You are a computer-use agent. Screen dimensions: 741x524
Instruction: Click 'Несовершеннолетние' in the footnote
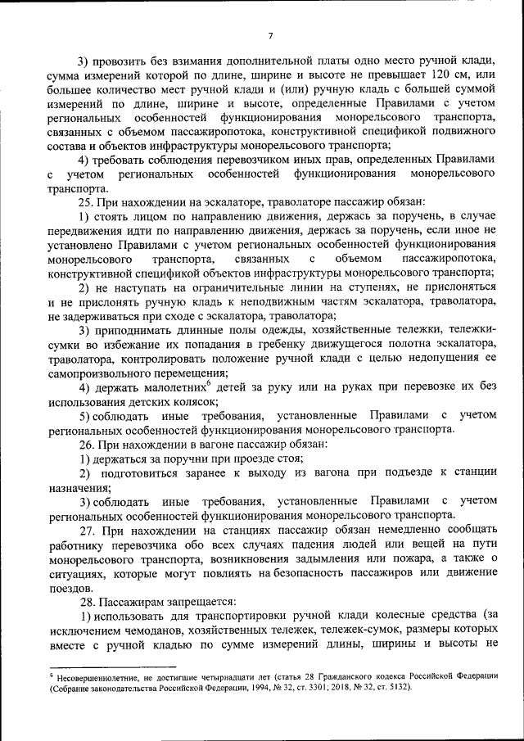coord(99,675)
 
